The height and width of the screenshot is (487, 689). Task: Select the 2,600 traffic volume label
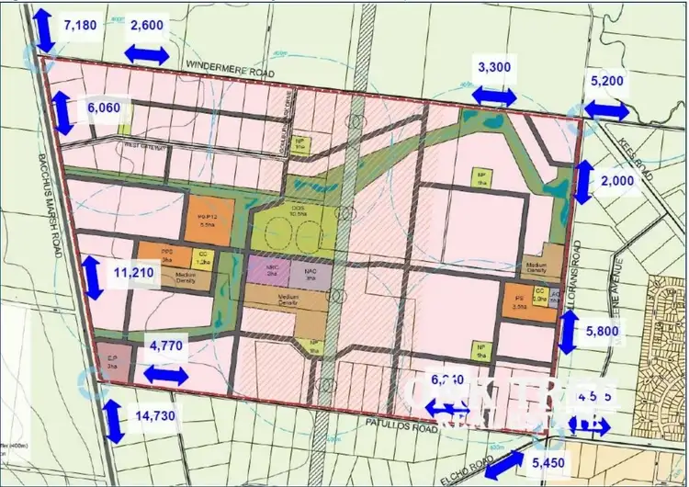(147, 26)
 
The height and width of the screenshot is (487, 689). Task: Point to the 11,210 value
(133, 273)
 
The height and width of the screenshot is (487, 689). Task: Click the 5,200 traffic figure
(607, 81)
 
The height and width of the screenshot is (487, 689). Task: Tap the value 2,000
(617, 181)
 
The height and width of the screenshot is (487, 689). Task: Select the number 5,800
(607, 330)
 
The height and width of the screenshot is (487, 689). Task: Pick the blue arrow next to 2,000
(581, 182)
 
